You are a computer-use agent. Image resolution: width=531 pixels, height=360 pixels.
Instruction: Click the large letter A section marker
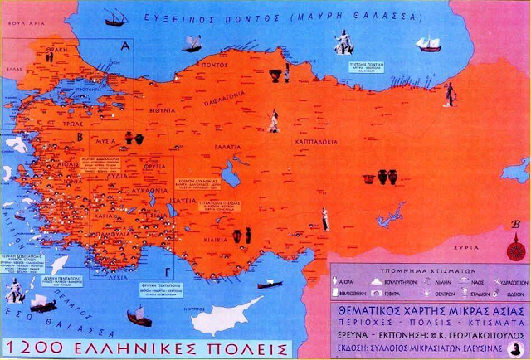coord(126,46)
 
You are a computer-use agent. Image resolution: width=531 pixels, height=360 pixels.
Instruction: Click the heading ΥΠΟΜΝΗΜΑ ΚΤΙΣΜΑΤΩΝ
coord(413,270)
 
